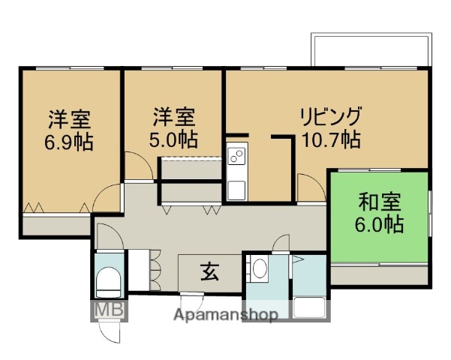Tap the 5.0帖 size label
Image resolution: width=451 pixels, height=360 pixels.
pos(173,139)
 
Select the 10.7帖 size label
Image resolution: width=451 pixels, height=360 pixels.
pos(331,139)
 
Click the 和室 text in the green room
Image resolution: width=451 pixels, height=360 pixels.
pos(380,202)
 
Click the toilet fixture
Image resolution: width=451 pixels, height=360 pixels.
pos(109,282)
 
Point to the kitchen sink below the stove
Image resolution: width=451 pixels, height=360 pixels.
pos(236,188)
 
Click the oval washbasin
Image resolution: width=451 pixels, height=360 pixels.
pos(260,268)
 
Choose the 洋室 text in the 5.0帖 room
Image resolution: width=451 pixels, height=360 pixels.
pos(173,117)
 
